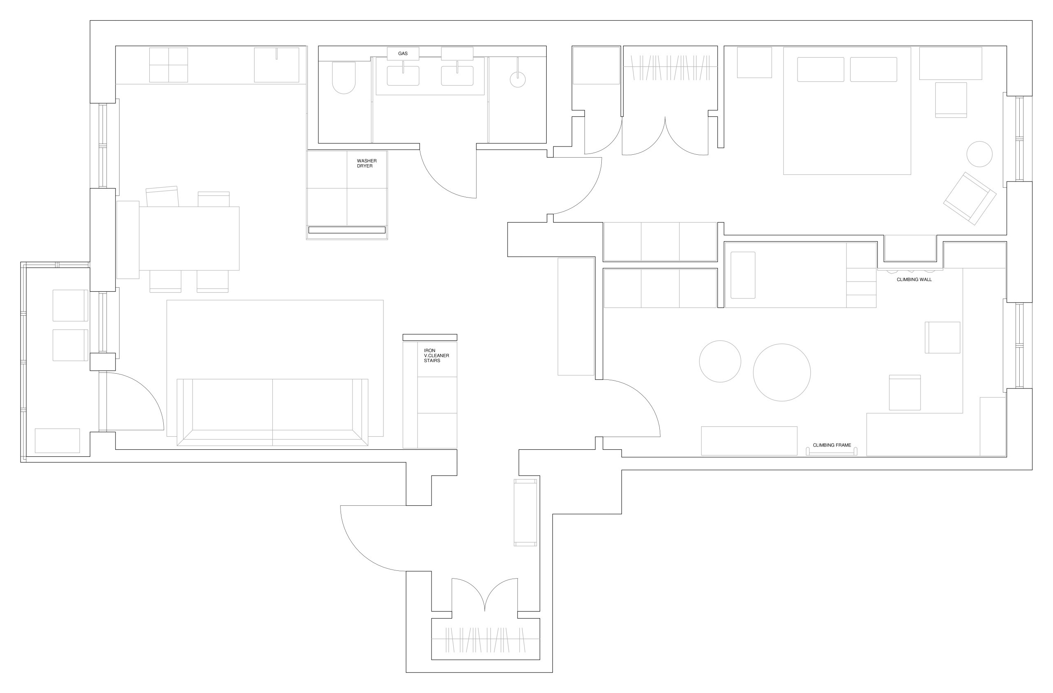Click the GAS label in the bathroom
pyautogui.click(x=403, y=53)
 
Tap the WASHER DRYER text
pyautogui.click(x=366, y=163)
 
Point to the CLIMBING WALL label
pyautogui.click(x=914, y=280)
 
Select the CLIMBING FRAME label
pyautogui.click(x=832, y=445)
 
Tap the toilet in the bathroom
pyautogui.click(x=344, y=78)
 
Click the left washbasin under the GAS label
pyautogui.click(x=403, y=76)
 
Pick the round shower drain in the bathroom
pyautogui.click(x=517, y=80)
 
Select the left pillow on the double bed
pyautogui.click(x=820, y=70)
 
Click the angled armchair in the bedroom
pyautogui.click(x=970, y=199)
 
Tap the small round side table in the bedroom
pyautogui.click(x=979, y=154)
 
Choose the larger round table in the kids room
pyautogui.click(x=782, y=372)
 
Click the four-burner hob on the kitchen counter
pyautogui.click(x=169, y=65)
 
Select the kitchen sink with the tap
pyautogui.click(x=276, y=65)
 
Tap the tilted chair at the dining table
pyautogui.click(x=162, y=196)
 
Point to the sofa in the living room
pyautogui.click(x=272, y=412)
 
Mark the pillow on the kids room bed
pyautogui.click(x=743, y=275)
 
